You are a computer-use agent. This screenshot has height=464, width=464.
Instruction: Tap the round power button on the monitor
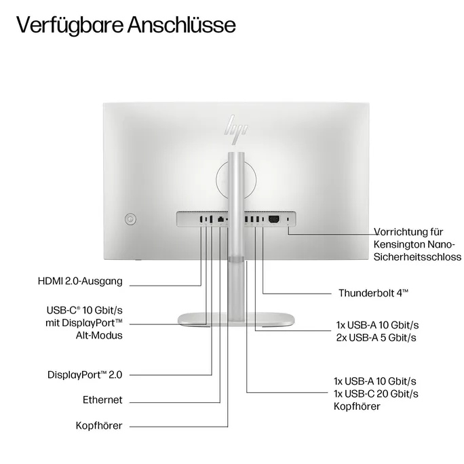131,218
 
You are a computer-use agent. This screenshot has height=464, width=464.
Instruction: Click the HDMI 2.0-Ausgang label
81,280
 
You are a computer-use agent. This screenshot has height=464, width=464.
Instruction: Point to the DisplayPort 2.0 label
85,374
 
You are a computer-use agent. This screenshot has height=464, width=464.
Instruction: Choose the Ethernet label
102,400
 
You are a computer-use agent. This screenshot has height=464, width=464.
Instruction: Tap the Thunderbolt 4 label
373,293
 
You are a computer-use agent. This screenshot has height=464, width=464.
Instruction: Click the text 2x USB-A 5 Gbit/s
376,337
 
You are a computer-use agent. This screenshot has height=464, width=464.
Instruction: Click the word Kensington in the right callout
402,244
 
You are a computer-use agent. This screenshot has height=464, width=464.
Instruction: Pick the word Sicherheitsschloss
418,257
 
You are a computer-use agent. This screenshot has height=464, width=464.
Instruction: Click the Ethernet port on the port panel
220,219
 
